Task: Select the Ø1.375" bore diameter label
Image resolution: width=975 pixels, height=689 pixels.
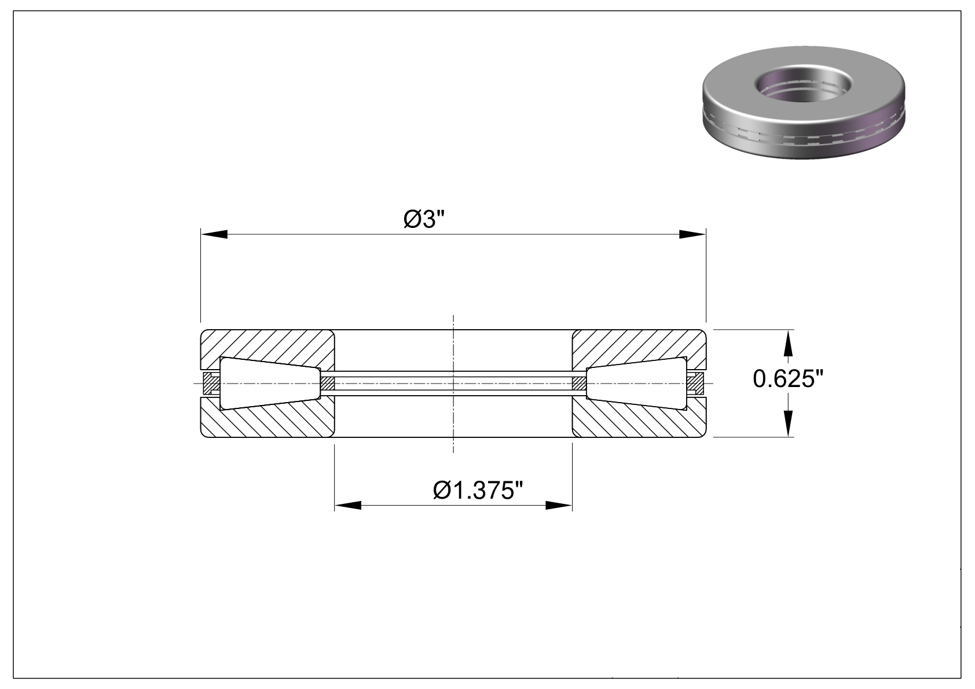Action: [478, 491]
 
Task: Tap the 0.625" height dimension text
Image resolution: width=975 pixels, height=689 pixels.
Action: [788, 378]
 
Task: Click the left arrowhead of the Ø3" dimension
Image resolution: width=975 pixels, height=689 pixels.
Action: [214, 234]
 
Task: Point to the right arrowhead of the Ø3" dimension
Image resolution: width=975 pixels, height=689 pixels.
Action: [692, 234]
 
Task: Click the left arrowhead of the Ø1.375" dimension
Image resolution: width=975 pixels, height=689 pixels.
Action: [348, 506]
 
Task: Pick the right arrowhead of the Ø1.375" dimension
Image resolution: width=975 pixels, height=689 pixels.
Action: [559, 506]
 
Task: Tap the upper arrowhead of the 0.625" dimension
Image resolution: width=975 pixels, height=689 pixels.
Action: [788, 343]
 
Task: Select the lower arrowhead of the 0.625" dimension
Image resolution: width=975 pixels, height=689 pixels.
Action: [788, 423]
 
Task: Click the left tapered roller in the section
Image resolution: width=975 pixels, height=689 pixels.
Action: [270, 383]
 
